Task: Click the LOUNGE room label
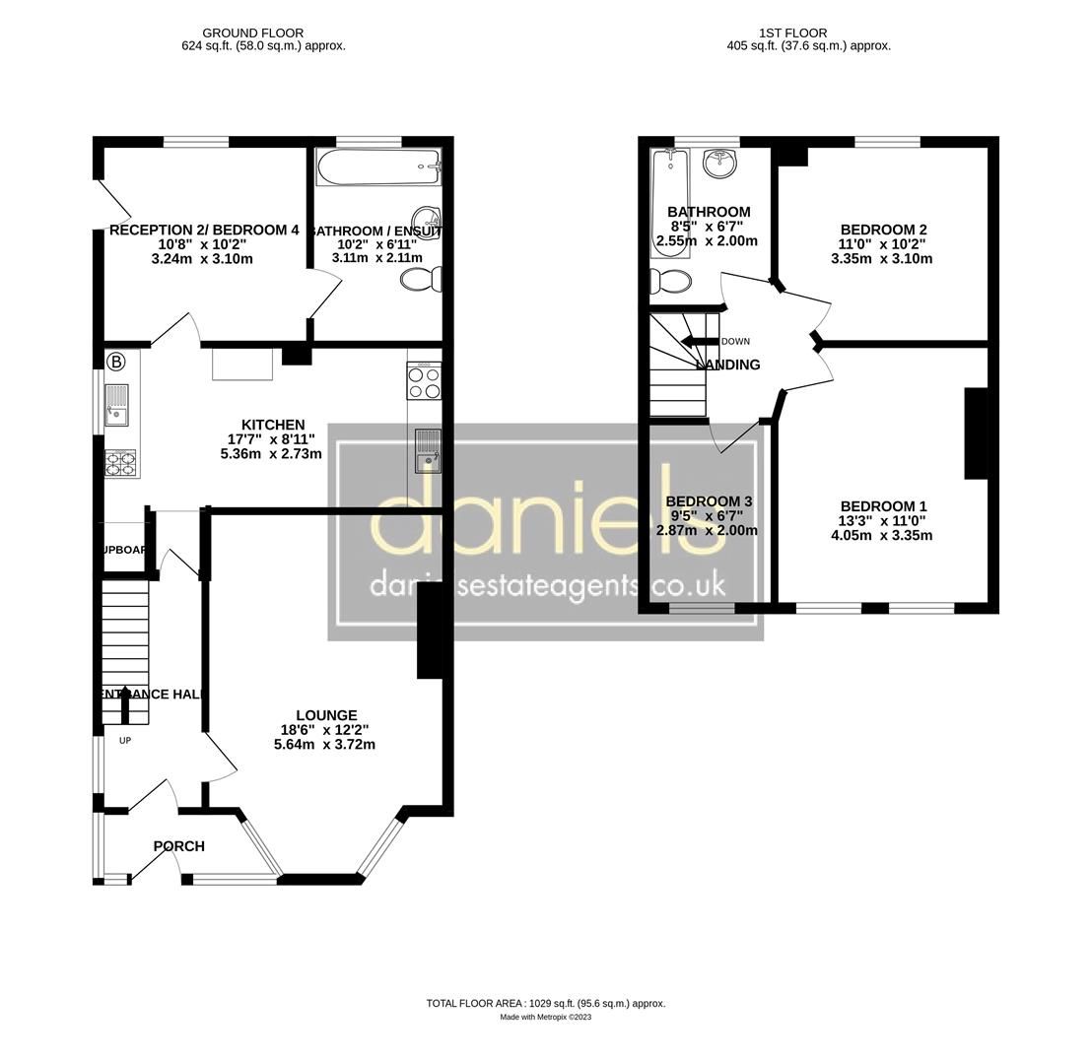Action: tap(326, 715)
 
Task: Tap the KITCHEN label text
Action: tap(274, 425)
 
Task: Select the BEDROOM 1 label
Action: tap(883, 506)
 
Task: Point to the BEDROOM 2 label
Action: tap(883, 230)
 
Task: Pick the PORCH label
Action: tap(179, 846)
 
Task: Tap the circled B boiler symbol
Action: tap(116, 362)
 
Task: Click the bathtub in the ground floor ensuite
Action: tap(378, 167)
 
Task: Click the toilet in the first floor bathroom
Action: tap(671, 282)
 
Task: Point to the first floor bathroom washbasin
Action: tap(720, 163)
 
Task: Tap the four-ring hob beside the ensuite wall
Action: tap(425, 381)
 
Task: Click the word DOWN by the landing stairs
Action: tap(735, 342)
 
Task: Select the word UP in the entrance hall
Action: tap(125, 741)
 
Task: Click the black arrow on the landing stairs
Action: tap(699, 342)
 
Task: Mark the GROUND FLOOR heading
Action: tap(253, 33)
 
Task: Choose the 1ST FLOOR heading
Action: tap(793, 33)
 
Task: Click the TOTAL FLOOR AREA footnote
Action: tap(545, 1004)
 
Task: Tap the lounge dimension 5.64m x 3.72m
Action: tap(324, 745)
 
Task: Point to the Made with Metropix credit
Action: tap(545, 1018)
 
